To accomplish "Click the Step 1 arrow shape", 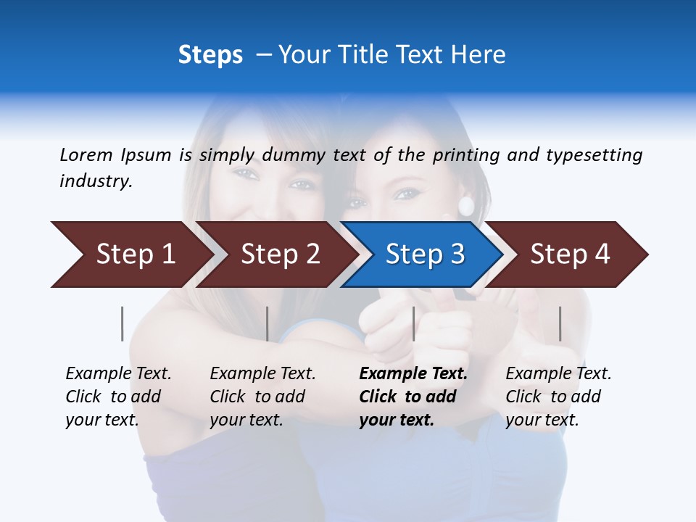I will (135, 254).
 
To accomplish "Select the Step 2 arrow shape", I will (280, 254).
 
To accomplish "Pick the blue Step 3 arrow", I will (425, 254).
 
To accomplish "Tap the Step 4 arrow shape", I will (570, 254).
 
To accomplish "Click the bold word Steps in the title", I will (210, 55).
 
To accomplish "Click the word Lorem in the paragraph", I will (86, 154).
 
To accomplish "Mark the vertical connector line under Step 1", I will (123, 323).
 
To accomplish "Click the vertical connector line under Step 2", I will (268, 323).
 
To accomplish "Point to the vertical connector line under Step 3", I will (413, 323).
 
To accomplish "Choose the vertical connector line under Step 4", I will (560, 323).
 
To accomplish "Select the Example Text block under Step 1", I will (118, 397).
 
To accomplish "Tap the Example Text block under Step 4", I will (558, 397).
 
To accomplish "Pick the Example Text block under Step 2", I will (262, 397).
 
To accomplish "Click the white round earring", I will (465, 206).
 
